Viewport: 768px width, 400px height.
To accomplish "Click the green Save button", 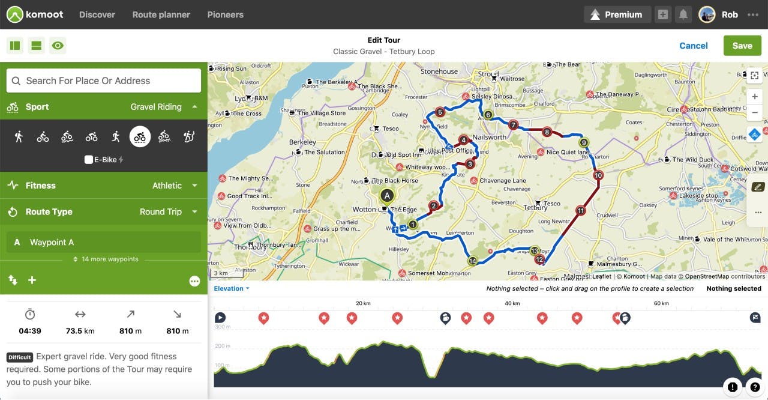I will click(742, 46).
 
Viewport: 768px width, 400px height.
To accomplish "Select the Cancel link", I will click(693, 46).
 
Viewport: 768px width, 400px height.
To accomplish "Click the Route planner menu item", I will click(161, 14).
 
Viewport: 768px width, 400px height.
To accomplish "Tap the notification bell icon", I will click(682, 14).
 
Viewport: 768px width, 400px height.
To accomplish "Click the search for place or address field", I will click(103, 80).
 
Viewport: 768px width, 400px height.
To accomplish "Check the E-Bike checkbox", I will click(89, 160).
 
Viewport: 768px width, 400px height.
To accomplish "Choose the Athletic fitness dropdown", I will click(174, 186).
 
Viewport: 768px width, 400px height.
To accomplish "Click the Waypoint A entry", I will click(103, 242).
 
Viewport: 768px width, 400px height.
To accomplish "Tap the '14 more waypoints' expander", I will click(106, 259).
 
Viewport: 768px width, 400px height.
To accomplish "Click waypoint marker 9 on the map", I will click(584, 143).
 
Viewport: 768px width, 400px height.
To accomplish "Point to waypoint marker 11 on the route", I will click(580, 211).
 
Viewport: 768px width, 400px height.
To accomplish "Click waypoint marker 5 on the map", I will click(440, 112).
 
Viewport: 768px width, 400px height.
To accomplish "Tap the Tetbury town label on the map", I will click(535, 208).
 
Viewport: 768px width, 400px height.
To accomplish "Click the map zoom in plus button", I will click(754, 97).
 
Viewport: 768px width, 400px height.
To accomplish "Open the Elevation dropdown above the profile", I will click(231, 288).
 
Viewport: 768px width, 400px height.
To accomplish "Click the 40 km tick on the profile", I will click(512, 303).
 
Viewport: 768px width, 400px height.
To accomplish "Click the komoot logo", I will click(35, 14).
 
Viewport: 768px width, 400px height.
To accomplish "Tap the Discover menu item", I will click(97, 14).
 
